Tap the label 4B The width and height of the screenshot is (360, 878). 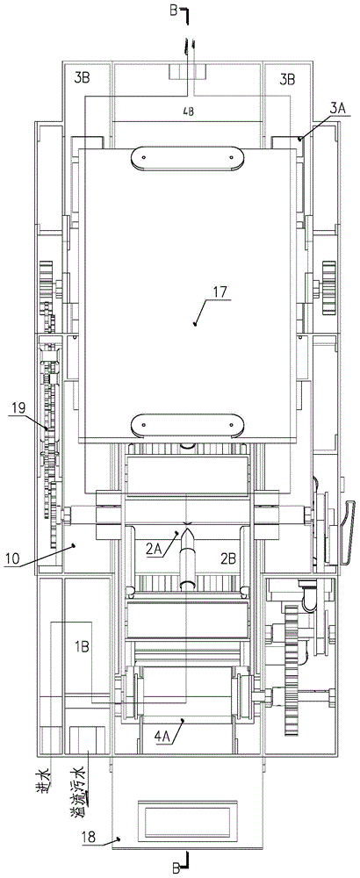pos(188,111)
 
